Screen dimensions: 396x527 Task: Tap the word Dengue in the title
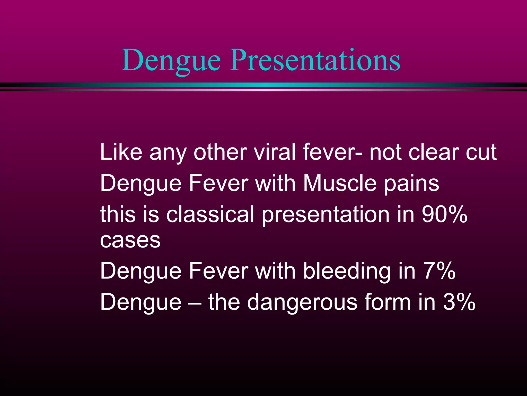(171, 61)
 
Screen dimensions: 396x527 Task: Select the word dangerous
(302, 302)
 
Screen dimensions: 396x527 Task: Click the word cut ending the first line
(481, 153)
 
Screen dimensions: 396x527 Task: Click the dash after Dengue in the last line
(195, 302)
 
